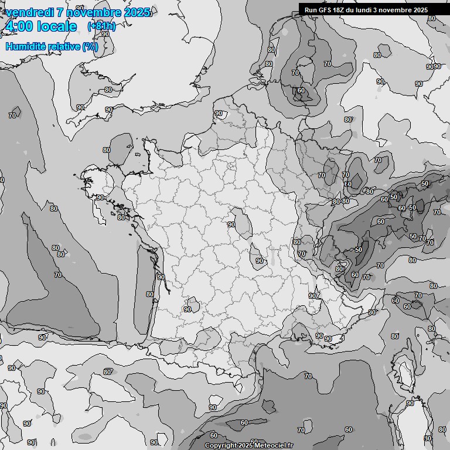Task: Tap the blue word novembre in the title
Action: (x=95, y=12)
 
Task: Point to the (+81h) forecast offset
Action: (x=101, y=26)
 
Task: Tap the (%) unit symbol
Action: (x=90, y=46)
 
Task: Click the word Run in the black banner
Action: (x=310, y=10)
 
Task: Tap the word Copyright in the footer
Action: (x=221, y=445)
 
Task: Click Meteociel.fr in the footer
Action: (x=274, y=445)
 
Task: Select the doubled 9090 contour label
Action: (x=433, y=67)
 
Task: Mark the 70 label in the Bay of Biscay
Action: (x=12, y=115)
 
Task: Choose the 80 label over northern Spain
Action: (x=107, y=372)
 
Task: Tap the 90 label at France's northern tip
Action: (x=219, y=113)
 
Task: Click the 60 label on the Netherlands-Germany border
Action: (x=301, y=90)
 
